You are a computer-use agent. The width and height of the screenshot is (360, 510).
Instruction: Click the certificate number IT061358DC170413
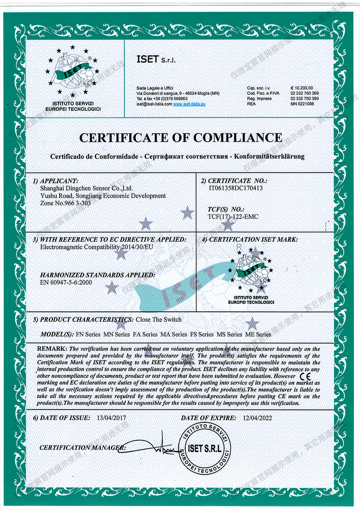click(x=236, y=188)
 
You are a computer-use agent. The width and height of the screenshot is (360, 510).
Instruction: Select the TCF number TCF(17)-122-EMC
click(x=233, y=217)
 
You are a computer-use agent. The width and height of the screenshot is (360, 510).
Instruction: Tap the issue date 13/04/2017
click(x=112, y=418)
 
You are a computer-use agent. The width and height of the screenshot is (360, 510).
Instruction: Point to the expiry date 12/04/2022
click(x=258, y=418)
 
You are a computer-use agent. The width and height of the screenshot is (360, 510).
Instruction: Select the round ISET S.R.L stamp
click(x=204, y=448)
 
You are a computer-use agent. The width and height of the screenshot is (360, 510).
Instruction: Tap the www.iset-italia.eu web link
click(x=189, y=104)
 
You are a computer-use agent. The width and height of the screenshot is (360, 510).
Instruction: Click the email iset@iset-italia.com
click(x=154, y=104)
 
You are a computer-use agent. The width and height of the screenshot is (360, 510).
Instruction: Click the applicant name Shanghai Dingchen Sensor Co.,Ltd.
click(x=86, y=188)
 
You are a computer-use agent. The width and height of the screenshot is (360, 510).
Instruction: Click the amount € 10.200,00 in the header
click(x=302, y=88)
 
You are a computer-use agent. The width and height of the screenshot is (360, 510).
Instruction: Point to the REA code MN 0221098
click(x=302, y=104)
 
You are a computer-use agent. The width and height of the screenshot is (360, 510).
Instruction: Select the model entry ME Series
click(x=258, y=334)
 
